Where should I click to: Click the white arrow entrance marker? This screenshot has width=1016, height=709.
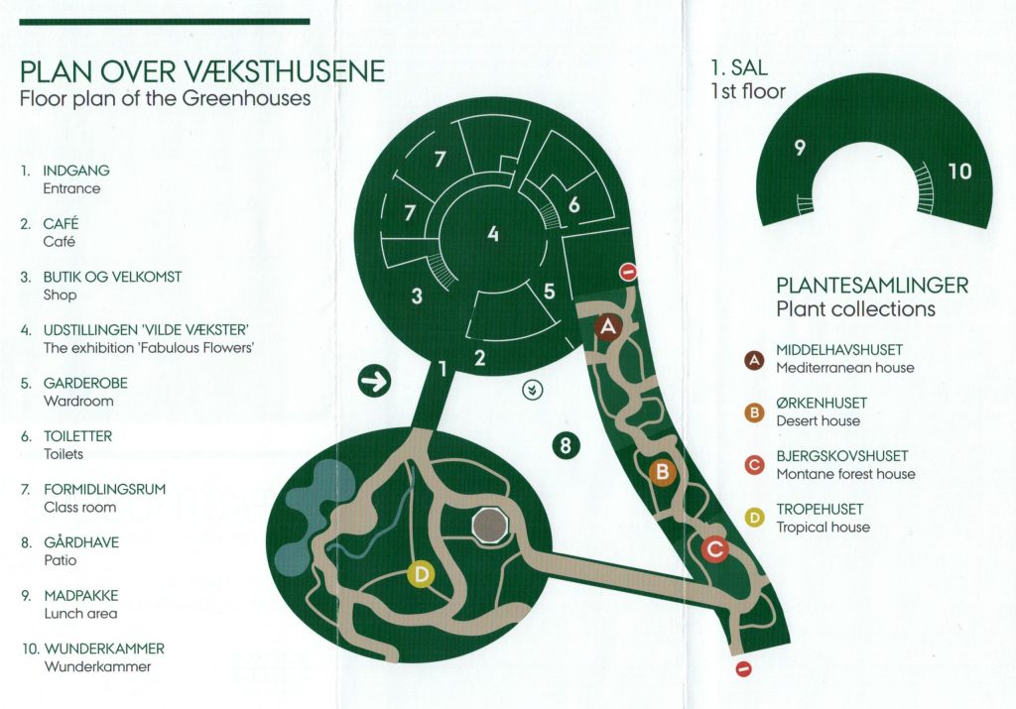[x=374, y=381]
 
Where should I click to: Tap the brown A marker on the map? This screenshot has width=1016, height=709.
[x=608, y=327]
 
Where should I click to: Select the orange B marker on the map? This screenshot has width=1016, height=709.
[x=662, y=471]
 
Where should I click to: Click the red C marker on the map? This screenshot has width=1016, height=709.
[x=714, y=549]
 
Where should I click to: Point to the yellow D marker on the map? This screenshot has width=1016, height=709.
[x=421, y=574]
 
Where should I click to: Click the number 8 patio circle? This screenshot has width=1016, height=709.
[x=566, y=445]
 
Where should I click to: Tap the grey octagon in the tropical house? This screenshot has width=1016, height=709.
[x=490, y=526]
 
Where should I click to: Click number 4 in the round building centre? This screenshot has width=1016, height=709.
[x=493, y=233]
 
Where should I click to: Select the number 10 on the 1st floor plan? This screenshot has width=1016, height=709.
[x=959, y=171]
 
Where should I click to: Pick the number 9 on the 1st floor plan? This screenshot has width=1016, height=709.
[x=801, y=149]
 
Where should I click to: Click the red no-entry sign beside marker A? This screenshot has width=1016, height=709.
[x=628, y=272]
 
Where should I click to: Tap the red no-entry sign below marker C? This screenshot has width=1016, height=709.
[x=744, y=669]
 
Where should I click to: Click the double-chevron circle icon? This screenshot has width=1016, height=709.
[x=533, y=390]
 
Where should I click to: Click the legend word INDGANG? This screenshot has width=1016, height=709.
[x=76, y=171]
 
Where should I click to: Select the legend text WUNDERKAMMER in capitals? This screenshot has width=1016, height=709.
[x=104, y=649]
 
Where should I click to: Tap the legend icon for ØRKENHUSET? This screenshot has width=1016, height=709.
[x=754, y=413]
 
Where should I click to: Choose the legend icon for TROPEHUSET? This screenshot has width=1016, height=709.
[x=754, y=518]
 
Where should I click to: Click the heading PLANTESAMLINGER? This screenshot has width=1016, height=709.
[x=872, y=285]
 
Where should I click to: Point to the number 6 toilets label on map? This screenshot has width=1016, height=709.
[x=574, y=205]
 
